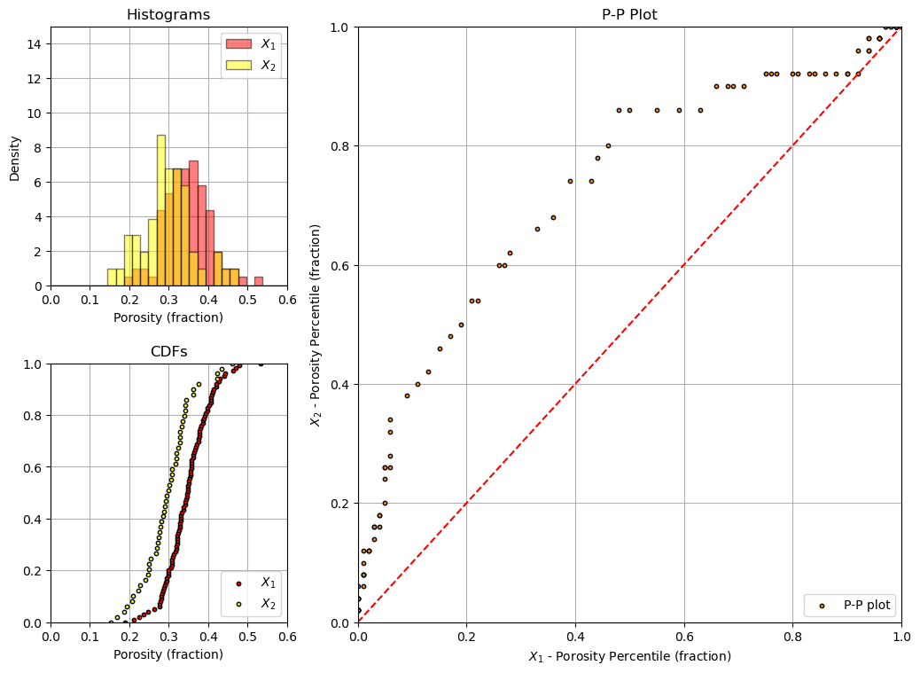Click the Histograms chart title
168,15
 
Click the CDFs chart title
169,351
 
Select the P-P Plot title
629,15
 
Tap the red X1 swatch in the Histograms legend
238,44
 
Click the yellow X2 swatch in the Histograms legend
238,65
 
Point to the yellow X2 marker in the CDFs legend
238,604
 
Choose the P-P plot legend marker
822,606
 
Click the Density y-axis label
15,159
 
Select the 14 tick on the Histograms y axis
35,44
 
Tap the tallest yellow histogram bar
160,211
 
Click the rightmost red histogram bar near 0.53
259,282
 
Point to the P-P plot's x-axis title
629,656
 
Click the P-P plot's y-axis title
316,325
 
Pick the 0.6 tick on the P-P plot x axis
684,637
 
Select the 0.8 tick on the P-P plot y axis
340,146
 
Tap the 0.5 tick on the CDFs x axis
247,637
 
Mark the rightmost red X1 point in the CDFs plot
261,364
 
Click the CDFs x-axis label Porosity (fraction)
168,654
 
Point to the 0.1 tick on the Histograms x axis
90,300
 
